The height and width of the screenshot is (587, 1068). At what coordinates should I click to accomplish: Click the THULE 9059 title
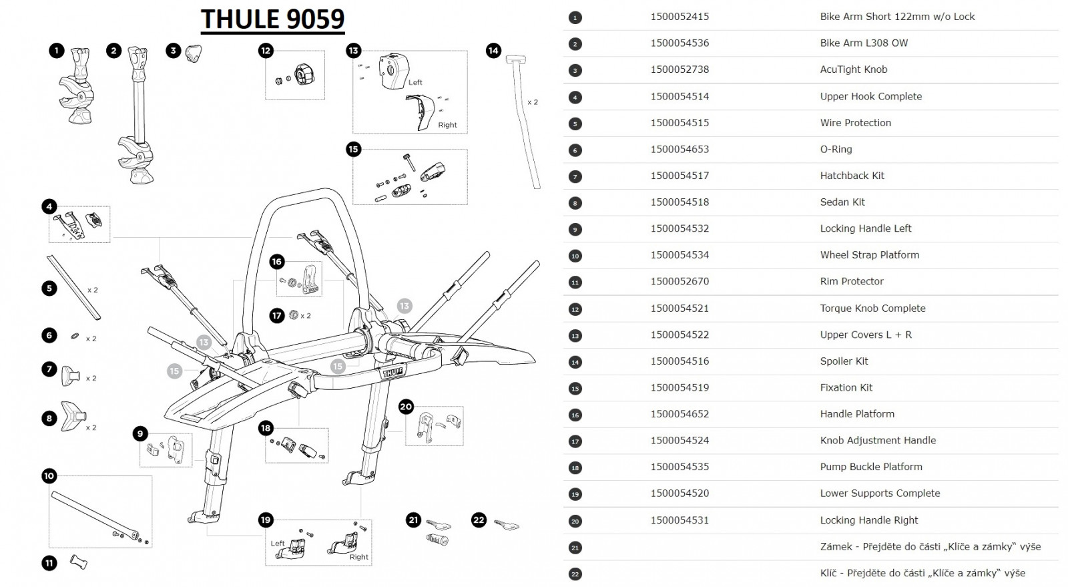[272, 19]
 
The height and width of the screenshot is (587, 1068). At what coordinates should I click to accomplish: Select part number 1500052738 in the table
[680, 69]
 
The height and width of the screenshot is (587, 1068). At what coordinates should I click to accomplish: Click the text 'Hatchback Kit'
[852, 176]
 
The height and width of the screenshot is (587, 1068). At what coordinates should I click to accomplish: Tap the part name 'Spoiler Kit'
[844, 361]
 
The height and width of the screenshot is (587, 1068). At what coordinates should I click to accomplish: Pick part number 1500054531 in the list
[680, 520]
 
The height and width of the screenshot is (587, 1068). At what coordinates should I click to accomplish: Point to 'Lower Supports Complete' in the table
[880, 494]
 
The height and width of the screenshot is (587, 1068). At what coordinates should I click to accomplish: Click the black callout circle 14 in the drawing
[493, 50]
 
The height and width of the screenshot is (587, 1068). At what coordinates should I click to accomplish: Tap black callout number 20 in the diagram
[406, 407]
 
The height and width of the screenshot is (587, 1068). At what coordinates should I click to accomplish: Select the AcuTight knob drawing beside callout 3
[194, 52]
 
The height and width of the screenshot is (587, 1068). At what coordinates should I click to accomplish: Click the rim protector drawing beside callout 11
[79, 562]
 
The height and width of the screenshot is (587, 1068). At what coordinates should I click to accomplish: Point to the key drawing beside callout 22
[507, 525]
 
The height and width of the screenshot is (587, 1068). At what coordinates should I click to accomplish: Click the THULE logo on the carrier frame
[392, 371]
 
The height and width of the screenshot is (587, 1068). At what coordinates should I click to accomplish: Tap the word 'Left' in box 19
[278, 543]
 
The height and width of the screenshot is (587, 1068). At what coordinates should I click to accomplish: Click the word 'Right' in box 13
[447, 125]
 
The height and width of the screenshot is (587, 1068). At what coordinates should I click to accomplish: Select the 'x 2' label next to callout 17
[305, 316]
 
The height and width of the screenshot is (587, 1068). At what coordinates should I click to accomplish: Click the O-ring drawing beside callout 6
[75, 336]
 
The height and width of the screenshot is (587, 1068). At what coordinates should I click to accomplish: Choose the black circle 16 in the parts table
[575, 415]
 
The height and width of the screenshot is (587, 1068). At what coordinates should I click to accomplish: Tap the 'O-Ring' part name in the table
[836, 150]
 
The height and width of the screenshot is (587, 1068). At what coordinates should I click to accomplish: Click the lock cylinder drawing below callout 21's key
[437, 539]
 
